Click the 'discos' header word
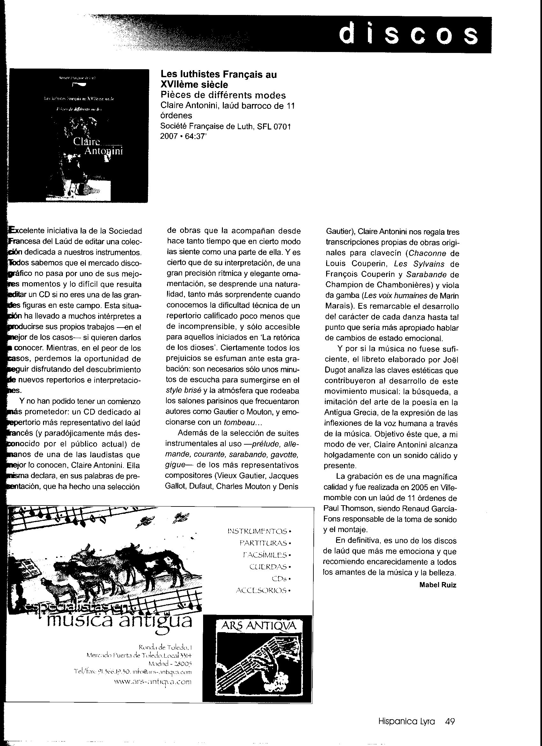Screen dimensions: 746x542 tap(408, 34)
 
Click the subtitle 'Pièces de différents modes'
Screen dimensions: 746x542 tap(223, 95)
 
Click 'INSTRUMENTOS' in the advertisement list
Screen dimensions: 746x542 tap(258, 531)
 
